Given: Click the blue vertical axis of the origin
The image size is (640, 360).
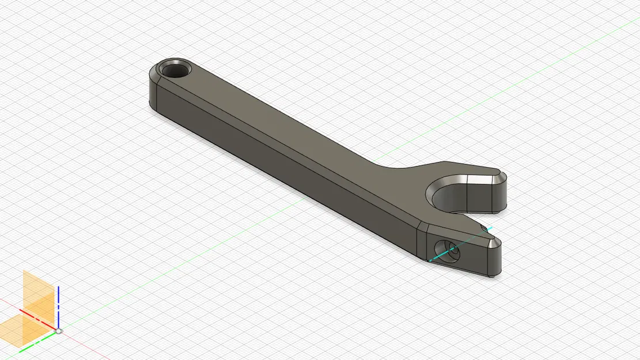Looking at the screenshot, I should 58,305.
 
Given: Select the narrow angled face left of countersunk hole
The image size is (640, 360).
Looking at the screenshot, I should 422,242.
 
